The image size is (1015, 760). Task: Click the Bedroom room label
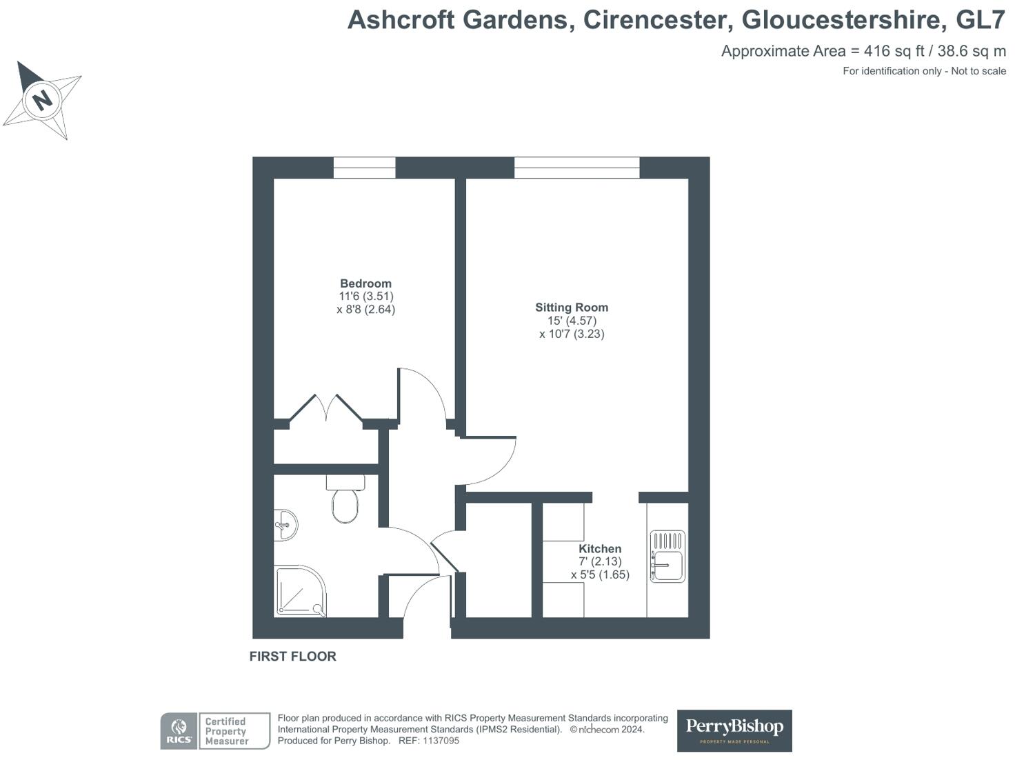coord(365,283)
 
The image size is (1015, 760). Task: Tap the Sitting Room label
coord(572,308)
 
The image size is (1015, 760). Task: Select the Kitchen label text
coord(600,549)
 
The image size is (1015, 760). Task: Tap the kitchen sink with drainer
coord(667,557)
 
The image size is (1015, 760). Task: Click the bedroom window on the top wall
coord(364,168)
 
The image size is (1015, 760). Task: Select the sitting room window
coord(576,168)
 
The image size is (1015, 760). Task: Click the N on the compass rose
coord(43,100)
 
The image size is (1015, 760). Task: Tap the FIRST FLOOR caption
coord(292,657)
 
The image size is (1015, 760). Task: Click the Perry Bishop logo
coord(734,730)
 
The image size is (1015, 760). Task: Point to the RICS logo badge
coord(179,731)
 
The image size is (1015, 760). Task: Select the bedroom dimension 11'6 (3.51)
coord(365,297)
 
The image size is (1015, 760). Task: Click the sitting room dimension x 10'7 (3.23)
coord(572,334)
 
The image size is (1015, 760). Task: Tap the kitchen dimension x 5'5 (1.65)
coord(600,574)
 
